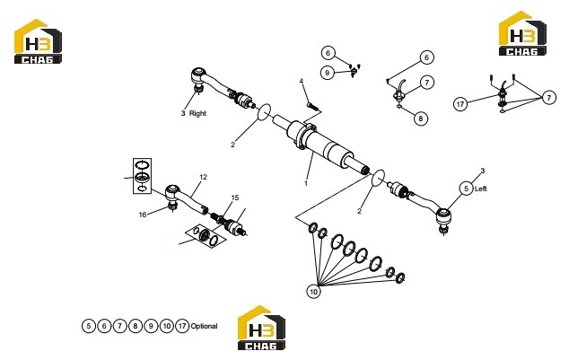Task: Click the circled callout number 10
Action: pyautogui.click(x=314, y=292)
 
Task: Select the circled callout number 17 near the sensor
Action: pyautogui.click(x=460, y=104)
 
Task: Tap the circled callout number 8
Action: pyautogui.click(x=421, y=119)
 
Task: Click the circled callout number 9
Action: pyautogui.click(x=328, y=73)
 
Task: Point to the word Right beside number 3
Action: pyautogui.click(x=197, y=113)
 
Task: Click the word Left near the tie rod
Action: pyautogui.click(x=480, y=189)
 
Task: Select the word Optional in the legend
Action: pyautogui.click(x=204, y=326)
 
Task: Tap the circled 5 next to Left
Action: pyautogui.click(x=467, y=189)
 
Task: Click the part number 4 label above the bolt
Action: pyautogui.click(x=302, y=81)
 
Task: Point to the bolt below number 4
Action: pyautogui.click(x=312, y=106)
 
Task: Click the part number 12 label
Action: pyautogui.click(x=203, y=177)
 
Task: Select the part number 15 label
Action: pyautogui.click(x=235, y=198)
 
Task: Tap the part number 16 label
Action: pyautogui.click(x=143, y=215)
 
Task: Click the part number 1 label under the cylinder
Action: pyautogui.click(x=306, y=184)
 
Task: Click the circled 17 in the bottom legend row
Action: pyautogui.click(x=182, y=326)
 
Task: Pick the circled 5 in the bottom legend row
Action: pyautogui.click(x=89, y=326)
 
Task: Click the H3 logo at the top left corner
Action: pyautogui.click(x=38, y=41)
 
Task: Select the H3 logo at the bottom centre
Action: pyautogui.click(x=261, y=328)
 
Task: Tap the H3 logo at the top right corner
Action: pyautogui.click(x=522, y=33)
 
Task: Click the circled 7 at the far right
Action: pyautogui.click(x=549, y=98)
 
